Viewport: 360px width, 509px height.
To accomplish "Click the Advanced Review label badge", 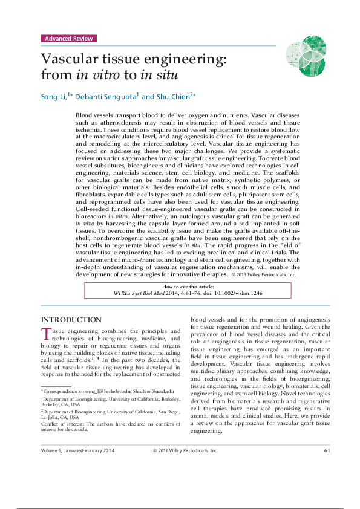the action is click(69, 39).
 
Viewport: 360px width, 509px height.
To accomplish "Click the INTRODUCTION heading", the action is click(71, 319).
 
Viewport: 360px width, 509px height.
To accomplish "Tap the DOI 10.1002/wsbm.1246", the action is click(237, 294).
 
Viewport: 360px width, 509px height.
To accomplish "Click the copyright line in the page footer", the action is click(185, 467).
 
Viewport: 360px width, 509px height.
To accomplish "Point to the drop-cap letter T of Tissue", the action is click(45, 334).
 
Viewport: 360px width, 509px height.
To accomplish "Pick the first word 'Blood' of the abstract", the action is click(101, 114).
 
